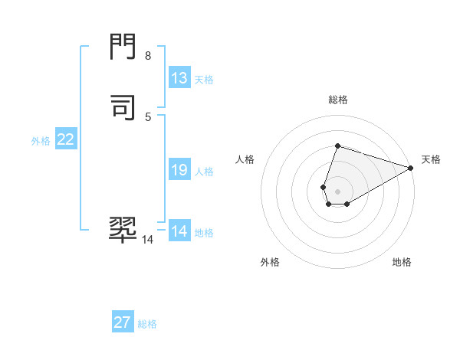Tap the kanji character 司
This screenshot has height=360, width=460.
tap(123, 105)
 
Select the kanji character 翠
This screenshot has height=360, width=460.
tap(123, 228)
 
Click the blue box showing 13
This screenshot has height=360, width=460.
tap(179, 78)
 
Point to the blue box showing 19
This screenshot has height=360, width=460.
tap(179, 170)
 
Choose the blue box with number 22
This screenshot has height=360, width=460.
tap(66, 139)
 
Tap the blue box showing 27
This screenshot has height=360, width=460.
tap(123, 322)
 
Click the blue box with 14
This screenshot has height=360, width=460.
tap(179, 231)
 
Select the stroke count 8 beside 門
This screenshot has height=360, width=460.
tap(148, 56)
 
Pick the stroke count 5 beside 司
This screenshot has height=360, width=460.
tap(148, 116)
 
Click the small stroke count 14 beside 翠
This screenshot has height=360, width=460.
tap(147, 240)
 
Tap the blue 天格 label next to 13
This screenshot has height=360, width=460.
tap(203, 80)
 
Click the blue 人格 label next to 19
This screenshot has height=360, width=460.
tap(203, 172)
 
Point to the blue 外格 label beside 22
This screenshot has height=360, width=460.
tap(41, 141)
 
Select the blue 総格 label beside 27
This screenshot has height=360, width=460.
tap(147, 324)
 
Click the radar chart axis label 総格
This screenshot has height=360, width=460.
tap(337, 100)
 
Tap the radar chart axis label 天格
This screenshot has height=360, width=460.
tap(431, 159)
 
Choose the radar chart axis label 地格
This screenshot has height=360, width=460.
tap(402, 263)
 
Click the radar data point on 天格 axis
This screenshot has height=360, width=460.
tap(411, 168)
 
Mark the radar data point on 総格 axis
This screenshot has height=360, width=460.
tap(337, 146)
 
